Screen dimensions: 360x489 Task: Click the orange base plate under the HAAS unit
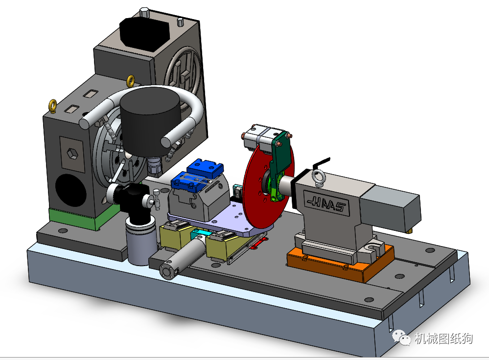point(338,264)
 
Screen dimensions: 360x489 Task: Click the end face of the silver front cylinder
point(168,270)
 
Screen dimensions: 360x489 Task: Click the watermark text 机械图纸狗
point(443,338)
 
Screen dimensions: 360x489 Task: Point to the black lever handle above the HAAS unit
point(321,161)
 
